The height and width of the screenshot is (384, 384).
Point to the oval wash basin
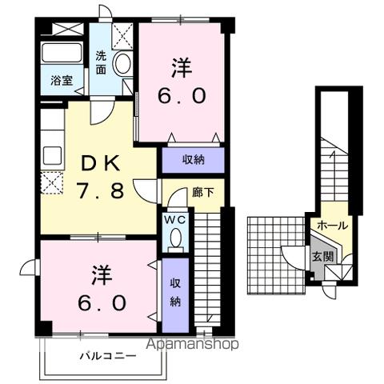[122, 63]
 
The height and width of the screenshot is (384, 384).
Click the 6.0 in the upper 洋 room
[186, 96]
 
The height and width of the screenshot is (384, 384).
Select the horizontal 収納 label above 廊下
[194, 160]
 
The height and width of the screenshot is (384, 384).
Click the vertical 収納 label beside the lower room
[174, 291]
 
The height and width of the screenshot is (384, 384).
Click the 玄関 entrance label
[322, 257]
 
